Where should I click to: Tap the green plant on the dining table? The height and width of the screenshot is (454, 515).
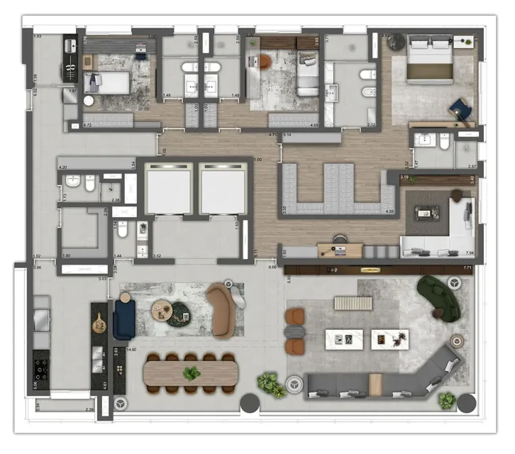[x=191, y=372]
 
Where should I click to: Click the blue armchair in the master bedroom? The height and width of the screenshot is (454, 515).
[x=460, y=107]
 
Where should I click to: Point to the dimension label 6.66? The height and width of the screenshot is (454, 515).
[x=273, y=267]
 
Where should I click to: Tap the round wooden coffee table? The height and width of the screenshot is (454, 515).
[x=163, y=309]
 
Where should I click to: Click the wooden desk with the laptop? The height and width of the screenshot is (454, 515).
[x=339, y=248]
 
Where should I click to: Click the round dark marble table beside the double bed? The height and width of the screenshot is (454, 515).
[x=394, y=44]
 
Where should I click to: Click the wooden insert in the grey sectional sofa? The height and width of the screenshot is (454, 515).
[x=375, y=384]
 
